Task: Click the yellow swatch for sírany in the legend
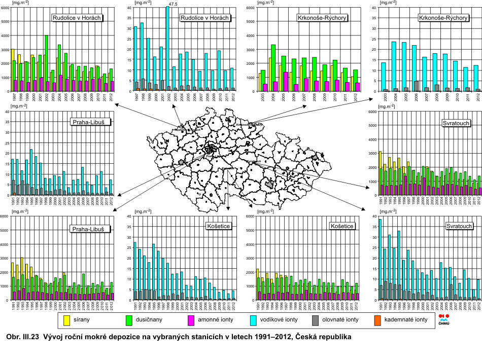tap(66, 319)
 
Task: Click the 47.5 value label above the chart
tap(173, 4)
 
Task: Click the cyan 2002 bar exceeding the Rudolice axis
tap(167, 48)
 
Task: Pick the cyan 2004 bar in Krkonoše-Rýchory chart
tap(394, 66)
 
